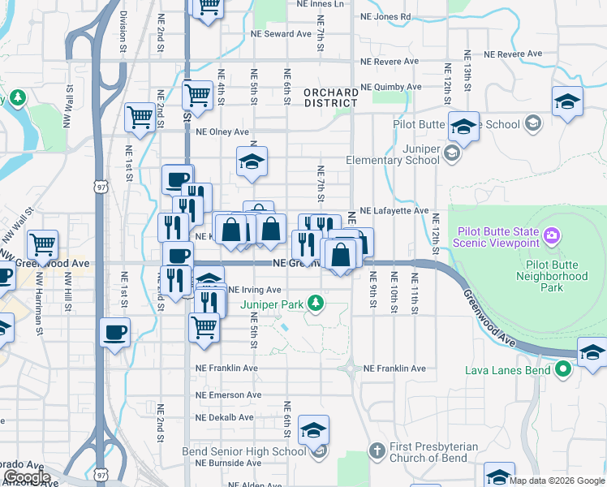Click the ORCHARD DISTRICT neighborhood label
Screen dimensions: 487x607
click(x=331, y=98)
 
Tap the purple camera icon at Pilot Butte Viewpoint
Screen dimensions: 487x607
click(x=552, y=235)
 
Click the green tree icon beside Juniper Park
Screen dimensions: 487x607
click(x=320, y=305)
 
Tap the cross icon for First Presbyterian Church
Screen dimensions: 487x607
click(x=376, y=450)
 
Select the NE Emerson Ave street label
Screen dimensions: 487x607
click(x=228, y=395)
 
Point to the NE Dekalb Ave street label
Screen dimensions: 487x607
click(x=226, y=416)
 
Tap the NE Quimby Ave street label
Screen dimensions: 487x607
click(x=392, y=87)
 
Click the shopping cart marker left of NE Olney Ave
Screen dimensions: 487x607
click(x=140, y=118)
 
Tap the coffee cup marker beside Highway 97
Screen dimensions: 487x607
click(x=115, y=332)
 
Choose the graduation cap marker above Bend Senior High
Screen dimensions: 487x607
click(x=313, y=430)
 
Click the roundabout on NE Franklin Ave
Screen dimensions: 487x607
click(x=351, y=368)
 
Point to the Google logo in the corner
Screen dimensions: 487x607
click(x=27, y=476)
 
